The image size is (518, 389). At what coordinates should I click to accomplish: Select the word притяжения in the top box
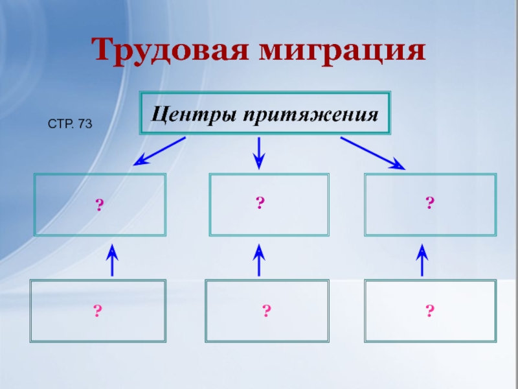311,115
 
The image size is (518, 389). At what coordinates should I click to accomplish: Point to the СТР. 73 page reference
71,122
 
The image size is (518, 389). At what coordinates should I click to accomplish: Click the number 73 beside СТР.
84,122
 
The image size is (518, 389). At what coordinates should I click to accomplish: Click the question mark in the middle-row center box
259,204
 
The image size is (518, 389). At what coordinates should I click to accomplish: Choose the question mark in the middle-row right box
429,204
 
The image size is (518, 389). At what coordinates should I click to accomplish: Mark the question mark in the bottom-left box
97,311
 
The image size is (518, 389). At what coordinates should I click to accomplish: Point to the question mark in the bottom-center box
266,311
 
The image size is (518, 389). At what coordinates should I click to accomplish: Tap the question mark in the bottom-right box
429,311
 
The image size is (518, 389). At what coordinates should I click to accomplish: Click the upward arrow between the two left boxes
113,260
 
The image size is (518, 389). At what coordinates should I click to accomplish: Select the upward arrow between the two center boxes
259,260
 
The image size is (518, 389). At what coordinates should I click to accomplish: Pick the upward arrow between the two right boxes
422,260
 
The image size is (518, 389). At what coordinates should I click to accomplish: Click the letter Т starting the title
103,50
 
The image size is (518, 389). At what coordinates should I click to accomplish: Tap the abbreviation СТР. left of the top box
62,122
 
